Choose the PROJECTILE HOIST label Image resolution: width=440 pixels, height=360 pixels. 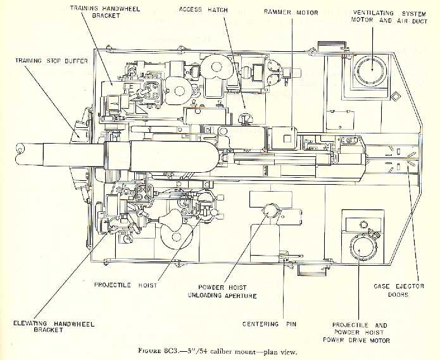125,285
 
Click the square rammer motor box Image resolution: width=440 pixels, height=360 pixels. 284,137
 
